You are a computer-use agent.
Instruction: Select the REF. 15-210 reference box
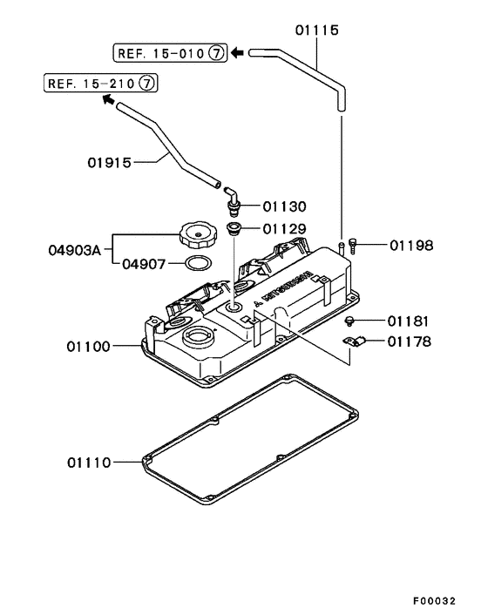click(x=101, y=84)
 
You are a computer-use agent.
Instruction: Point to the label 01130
click(x=282, y=206)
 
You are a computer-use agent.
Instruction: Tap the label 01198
click(x=410, y=246)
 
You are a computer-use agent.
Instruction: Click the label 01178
click(x=410, y=341)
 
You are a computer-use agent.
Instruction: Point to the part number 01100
click(x=89, y=347)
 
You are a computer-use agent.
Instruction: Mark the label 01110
click(x=89, y=462)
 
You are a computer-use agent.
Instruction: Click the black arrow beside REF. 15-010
click(x=238, y=53)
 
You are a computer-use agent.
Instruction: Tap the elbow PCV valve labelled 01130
click(x=234, y=201)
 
